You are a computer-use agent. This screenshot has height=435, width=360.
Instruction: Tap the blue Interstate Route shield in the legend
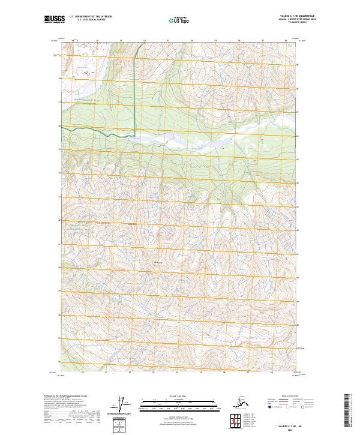point(265,406)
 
